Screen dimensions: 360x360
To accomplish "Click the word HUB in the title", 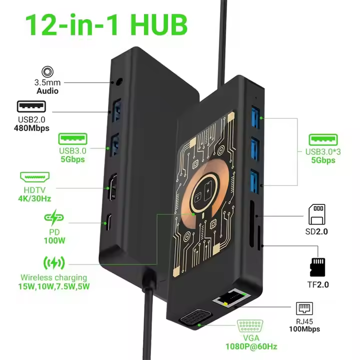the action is pyautogui.click(x=159, y=25).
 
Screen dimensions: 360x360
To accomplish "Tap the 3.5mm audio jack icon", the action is pyautogui.click(x=47, y=72).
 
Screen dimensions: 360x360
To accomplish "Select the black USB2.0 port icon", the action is pyautogui.click(x=31, y=106).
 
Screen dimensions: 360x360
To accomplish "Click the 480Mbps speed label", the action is pyautogui.click(x=31, y=128).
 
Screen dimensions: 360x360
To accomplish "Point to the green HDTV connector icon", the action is pyautogui.click(x=35, y=177).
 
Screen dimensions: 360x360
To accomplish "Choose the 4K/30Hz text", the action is pyautogui.click(x=34, y=198).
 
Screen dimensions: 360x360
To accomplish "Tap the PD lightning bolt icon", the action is pyautogui.click(x=54, y=217).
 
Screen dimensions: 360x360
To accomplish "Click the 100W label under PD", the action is pyautogui.click(x=54, y=240).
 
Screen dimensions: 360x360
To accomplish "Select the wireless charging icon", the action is pyautogui.click(x=54, y=263).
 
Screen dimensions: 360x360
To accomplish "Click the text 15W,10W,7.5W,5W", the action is pyautogui.click(x=54, y=286).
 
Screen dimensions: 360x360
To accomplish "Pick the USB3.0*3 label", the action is pyautogui.click(x=323, y=152).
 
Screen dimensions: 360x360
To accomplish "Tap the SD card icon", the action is pyautogui.click(x=317, y=214).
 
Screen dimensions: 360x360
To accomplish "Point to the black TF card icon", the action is pyautogui.click(x=317, y=267).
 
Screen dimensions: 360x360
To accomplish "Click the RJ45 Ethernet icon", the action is pyautogui.click(x=304, y=308).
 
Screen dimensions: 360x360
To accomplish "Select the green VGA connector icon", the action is pyautogui.click(x=250, y=326).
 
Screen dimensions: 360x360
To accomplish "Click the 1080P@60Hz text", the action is pyautogui.click(x=251, y=346).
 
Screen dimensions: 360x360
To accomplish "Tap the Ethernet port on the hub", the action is pyautogui.click(x=231, y=298).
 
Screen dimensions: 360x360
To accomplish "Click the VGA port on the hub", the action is pyautogui.click(x=194, y=318).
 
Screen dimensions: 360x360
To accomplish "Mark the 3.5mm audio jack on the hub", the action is pyautogui.click(x=119, y=81).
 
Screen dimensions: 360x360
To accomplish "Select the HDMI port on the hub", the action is pyautogui.click(x=112, y=187).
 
